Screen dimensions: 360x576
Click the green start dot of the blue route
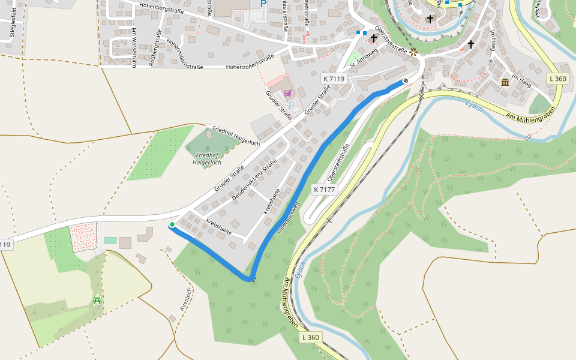(172, 225)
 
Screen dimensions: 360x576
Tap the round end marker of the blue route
(406, 81)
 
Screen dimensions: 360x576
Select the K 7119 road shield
(333, 79)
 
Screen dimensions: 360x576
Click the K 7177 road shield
(325, 190)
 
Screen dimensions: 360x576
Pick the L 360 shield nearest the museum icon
(557, 79)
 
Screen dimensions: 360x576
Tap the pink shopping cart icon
(287, 93)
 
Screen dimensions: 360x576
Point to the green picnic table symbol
(97, 299)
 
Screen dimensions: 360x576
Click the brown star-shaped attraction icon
(413, 52)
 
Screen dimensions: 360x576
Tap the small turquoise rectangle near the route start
(110, 241)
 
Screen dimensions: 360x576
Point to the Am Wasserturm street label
(133, 47)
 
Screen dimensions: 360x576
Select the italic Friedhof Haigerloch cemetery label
(207, 159)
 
